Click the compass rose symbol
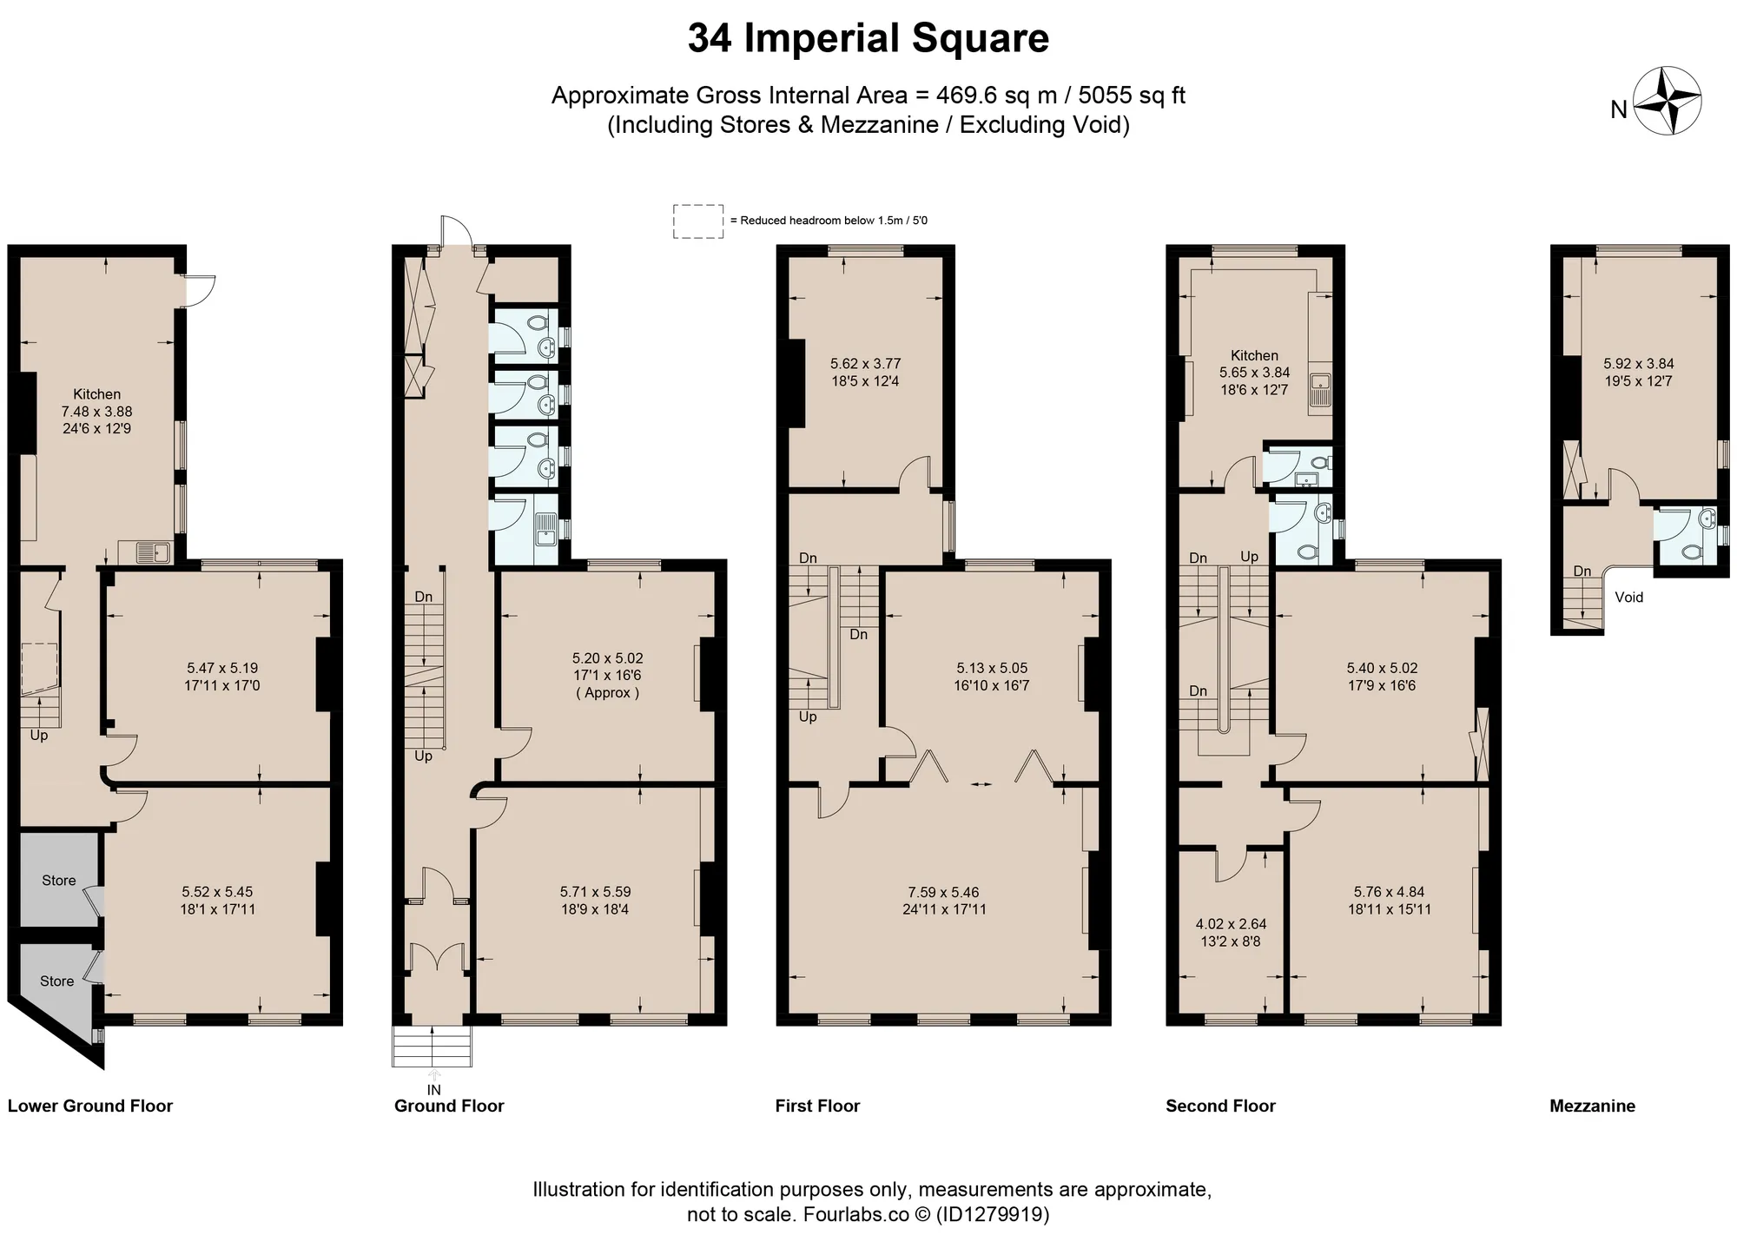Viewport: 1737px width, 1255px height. (1667, 102)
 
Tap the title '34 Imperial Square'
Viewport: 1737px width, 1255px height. (868, 38)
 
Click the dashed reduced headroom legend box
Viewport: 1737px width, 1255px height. (698, 221)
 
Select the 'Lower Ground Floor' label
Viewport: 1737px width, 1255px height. (90, 1106)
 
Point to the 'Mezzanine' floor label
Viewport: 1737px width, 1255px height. (1593, 1106)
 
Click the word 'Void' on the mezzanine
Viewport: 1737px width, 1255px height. (1628, 598)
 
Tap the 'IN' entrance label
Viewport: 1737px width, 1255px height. (434, 1090)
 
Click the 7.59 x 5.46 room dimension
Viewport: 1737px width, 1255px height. (943, 892)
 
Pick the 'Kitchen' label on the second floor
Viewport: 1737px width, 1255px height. (1254, 355)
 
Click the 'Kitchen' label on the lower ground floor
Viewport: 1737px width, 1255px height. (96, 394)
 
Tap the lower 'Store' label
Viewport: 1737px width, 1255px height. (57, 981)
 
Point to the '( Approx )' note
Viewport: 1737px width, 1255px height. (608, 693)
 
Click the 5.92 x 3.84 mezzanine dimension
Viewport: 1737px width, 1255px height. (1639, 364)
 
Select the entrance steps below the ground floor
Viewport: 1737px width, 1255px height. (433, 1047)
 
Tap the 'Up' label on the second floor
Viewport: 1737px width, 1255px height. (1250, 557)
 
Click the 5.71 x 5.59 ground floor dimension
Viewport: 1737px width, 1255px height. (596, 892)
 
